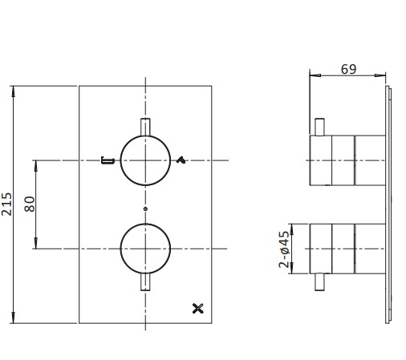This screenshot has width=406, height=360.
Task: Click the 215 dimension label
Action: [7, 204]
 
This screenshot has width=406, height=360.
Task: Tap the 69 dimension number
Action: [348, 69]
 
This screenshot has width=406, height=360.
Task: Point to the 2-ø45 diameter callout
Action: [285, 250]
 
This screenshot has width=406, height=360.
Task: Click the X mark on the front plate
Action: [200, 306]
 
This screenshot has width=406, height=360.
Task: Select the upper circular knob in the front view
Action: [144, 160]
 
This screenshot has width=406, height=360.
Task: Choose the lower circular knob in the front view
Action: [144, 249]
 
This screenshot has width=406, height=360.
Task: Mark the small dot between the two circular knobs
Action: [144, 208]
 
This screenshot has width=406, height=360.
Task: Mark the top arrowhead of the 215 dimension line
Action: [14, 88]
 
